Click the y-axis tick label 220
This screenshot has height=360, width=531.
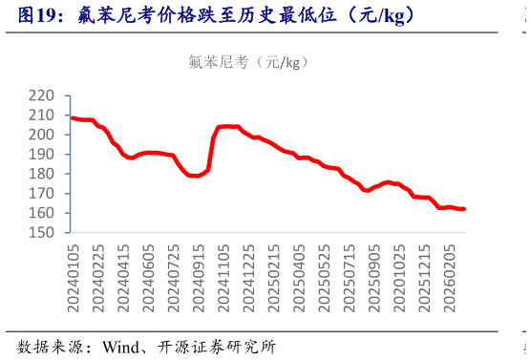tap(43, 95)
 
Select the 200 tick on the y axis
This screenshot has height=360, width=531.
tap(43, 135)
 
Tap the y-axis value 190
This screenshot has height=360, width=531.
tap(43, 155)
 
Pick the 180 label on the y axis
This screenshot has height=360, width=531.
tap(43, 174)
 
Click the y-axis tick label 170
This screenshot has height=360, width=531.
tap(43, 194)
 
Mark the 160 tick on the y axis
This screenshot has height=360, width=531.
tap(43, 213)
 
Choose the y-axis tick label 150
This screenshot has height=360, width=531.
tap(43, 233)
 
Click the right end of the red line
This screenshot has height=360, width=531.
tap(464, 209)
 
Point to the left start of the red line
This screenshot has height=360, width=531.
tap(73, 117)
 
